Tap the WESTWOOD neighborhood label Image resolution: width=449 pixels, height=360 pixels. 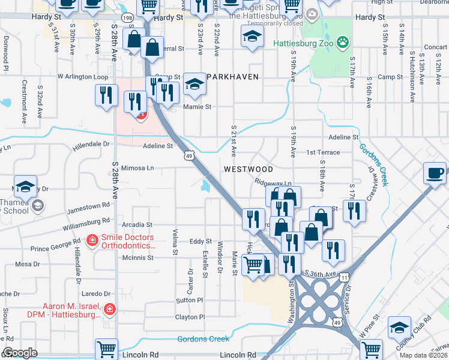point(248,170)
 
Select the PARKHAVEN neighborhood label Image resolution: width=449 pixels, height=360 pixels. point(232,77)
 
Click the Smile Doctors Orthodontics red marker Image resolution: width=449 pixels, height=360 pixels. point(92,241)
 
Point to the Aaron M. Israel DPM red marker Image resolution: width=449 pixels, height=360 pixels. point(109,310)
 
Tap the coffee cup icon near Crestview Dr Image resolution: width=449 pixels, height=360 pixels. point(435,174)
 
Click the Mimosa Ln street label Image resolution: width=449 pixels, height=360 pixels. point(137,169)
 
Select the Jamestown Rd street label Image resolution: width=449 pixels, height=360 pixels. point(89,205)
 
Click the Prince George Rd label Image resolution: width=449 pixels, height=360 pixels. point(56,247)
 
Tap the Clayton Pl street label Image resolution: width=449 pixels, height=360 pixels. point(190,317)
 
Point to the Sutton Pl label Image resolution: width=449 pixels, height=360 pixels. point(190,300)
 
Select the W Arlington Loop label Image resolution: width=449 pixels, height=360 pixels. point(83,77)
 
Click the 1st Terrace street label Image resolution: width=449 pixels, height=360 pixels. point(323,152)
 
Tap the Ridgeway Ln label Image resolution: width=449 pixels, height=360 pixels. point(273,182)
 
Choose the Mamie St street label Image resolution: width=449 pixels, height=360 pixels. point(197,107)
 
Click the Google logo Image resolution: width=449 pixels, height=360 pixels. point(20,353)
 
